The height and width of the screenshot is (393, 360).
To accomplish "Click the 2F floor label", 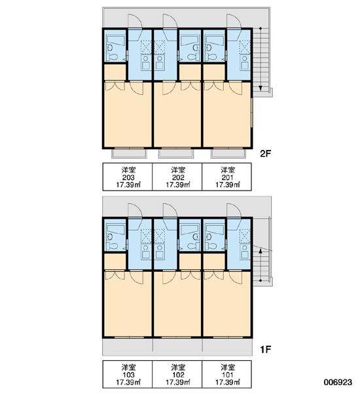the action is coord(265,154).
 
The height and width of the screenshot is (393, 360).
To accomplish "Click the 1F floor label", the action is coord(266,349).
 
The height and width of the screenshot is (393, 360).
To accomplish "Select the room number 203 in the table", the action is coord(128,178).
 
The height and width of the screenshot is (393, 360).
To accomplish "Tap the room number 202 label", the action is coord(178,178).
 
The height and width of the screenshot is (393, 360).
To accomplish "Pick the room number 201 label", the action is coord(228,178).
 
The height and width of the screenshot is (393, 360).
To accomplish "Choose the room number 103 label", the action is coord(128,375).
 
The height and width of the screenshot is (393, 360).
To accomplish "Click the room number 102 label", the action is coord(178,375).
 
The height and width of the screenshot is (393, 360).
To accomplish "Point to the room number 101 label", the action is coord(228,375).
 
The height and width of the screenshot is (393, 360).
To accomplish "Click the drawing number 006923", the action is coord(338,383).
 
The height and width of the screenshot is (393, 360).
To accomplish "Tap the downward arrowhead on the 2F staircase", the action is coord(261,88).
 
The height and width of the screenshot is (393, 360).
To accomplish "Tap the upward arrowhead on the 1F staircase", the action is coord(261,250).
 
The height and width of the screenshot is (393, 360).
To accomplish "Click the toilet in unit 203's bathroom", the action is coord(111,57).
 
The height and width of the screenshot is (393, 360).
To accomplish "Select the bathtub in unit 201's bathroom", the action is coord(214,41).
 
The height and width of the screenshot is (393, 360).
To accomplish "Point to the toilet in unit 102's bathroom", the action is coord(193,246).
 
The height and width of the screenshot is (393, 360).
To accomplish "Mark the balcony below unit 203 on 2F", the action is coord(129,154).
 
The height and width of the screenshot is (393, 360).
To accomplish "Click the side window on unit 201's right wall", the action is coord(251,112).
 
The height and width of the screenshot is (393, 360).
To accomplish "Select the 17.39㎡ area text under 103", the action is coord(128,383).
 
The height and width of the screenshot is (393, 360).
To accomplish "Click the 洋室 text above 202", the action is coord(178,170).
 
